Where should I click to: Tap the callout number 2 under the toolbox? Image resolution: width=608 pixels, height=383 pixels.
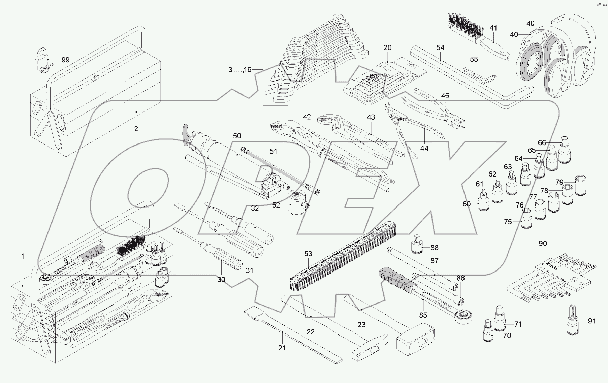tap(136, 129)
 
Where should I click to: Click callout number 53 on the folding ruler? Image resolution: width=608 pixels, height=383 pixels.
tap(308, 254)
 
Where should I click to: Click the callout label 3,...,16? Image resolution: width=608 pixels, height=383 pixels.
tap(239, 70)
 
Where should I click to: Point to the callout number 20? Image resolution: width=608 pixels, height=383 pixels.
tap(387, 47)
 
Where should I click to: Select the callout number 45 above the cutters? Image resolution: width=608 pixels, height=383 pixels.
tap(445, 96)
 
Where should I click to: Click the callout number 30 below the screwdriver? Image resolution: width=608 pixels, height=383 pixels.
tap(221, 279)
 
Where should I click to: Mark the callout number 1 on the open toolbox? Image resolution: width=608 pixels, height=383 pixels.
tap(23, 256)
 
